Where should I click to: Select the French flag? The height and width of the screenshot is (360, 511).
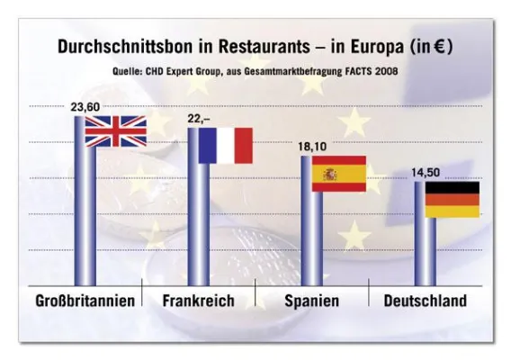coord(225,145)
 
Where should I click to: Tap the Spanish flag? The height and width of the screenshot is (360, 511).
coord(338,174)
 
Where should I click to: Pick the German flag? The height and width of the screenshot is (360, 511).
coord(452,200)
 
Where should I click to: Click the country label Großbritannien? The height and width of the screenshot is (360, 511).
coord(86,301)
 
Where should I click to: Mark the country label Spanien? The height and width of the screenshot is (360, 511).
coord(311,301)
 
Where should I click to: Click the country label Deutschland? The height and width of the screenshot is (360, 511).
coord(426,301)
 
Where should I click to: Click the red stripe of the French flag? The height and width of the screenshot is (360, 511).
coord(243,145)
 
